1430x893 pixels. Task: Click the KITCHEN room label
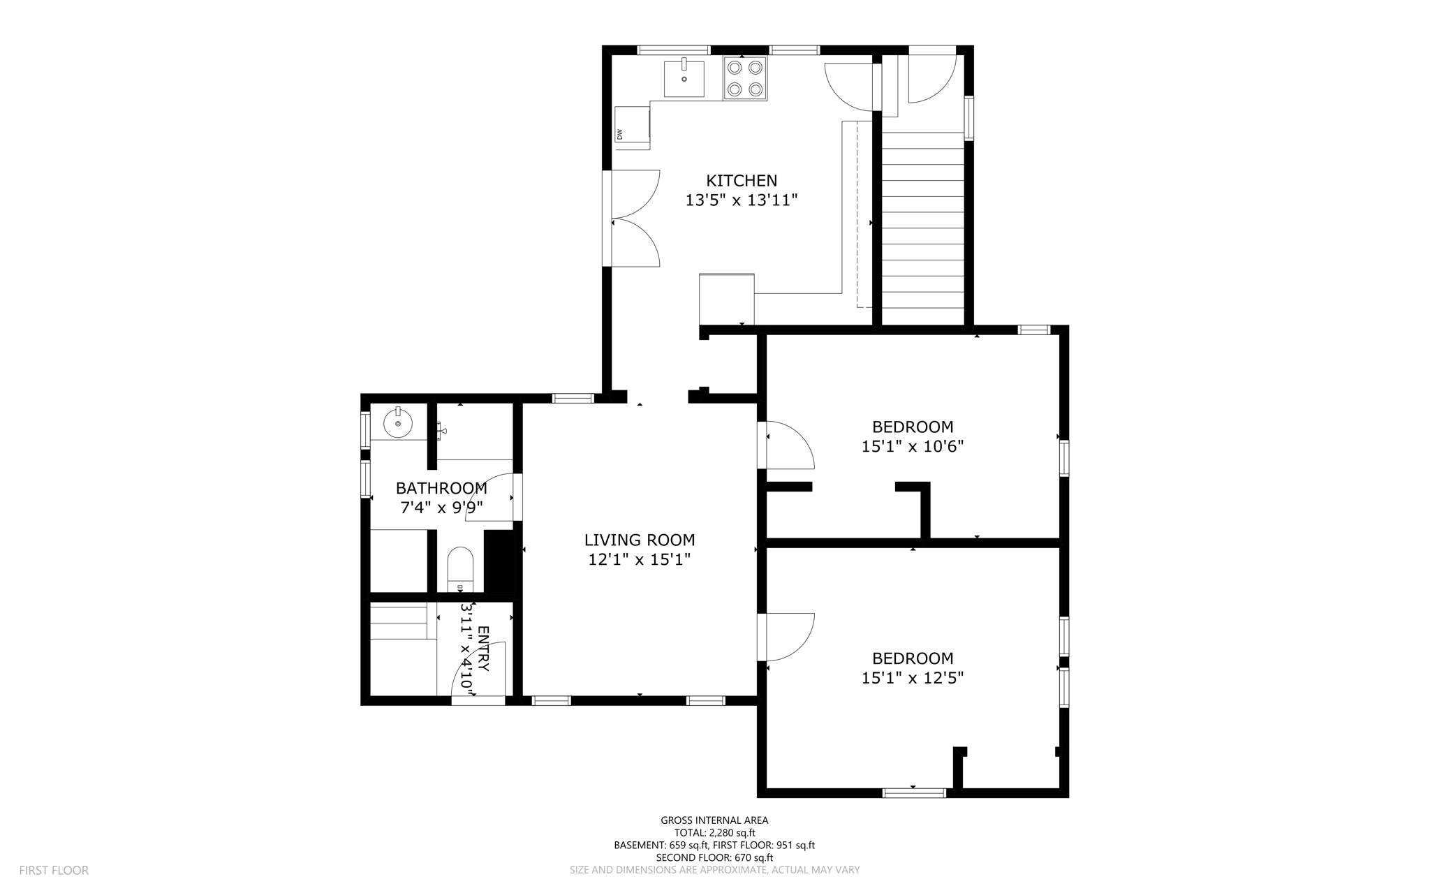(x=741, y=181)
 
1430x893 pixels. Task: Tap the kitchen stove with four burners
(x=744, y=78)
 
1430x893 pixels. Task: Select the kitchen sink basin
(x=684, y=79)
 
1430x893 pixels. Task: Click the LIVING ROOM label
(x=639, y=540)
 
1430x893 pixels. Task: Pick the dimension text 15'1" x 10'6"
(x=912, y=446)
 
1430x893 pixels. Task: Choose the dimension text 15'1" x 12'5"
(x=912, y=678)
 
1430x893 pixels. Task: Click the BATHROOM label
(x=441, y=488)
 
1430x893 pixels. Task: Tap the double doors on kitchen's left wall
(x=634, y=218)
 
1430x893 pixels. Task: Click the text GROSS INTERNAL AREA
(x=714, y=820)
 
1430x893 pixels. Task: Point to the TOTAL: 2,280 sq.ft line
(x=714, y=833)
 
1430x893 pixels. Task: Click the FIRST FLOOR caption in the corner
(x=54, y=871)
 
